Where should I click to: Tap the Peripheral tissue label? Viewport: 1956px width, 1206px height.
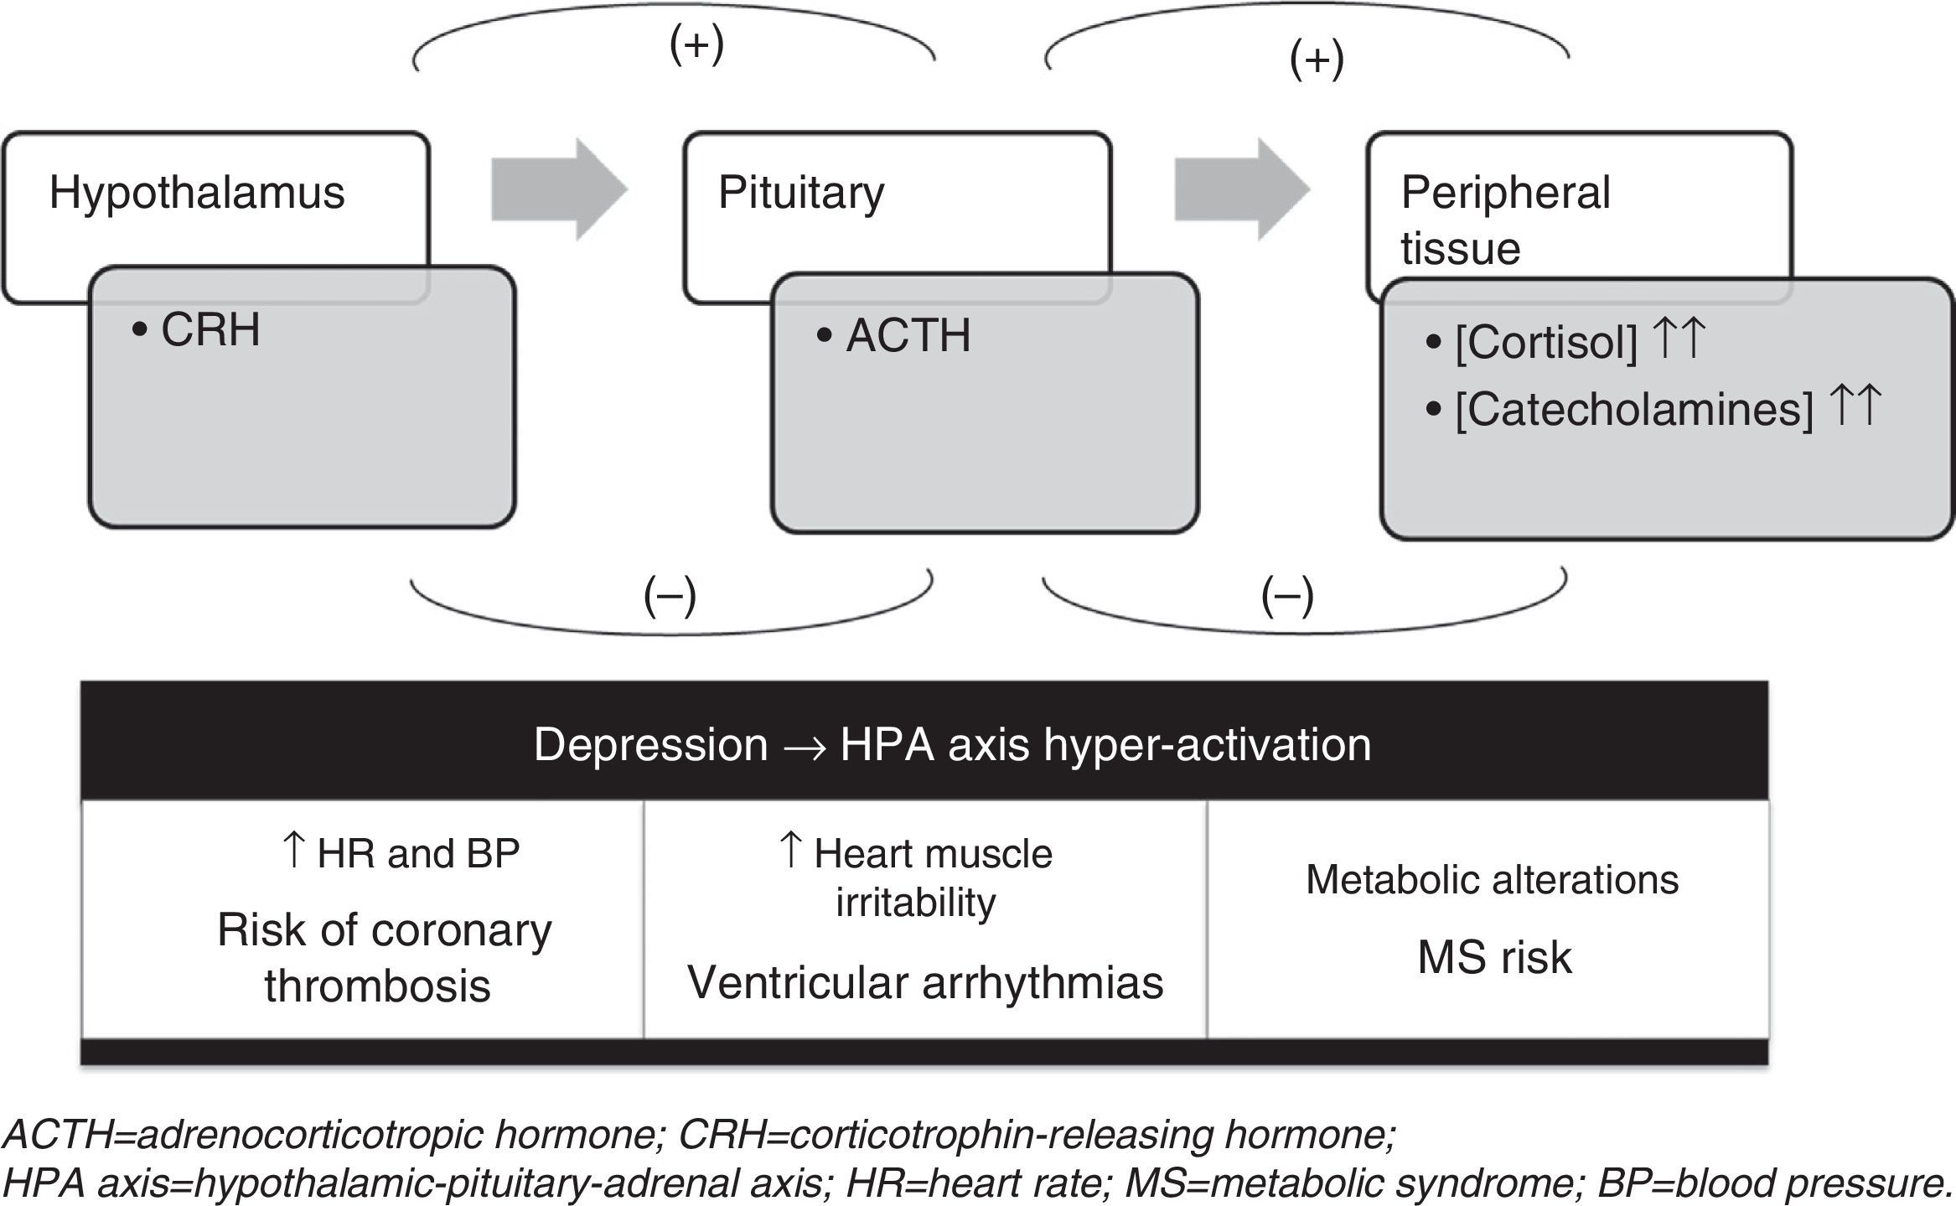coord(1505,220)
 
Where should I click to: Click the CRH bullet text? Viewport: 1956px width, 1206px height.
coord(210,330)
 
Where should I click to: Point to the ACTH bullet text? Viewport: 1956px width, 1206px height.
coord(908,336)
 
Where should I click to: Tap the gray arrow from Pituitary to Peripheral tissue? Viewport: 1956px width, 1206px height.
coord(1241,189)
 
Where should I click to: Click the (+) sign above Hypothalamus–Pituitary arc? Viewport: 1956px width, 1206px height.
coord(696,46)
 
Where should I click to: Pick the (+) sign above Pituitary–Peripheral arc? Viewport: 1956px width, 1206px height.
coord(1317,60)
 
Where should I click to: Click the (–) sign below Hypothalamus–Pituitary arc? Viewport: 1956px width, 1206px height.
coord(670,597)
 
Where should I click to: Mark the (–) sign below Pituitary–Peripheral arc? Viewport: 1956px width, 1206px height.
coord(1287,597)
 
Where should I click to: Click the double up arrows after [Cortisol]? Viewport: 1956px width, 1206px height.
coord(1679,339)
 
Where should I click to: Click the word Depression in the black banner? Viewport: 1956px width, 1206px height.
coord(650,744)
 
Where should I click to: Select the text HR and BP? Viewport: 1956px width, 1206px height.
coord(418,854)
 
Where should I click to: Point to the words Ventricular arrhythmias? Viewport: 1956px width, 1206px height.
coord(925,982)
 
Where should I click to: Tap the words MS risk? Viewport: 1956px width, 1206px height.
coord(1494,957)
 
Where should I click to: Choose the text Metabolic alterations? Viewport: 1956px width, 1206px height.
coord(1492,880)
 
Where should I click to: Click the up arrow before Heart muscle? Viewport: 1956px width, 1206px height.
coord(790,851)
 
